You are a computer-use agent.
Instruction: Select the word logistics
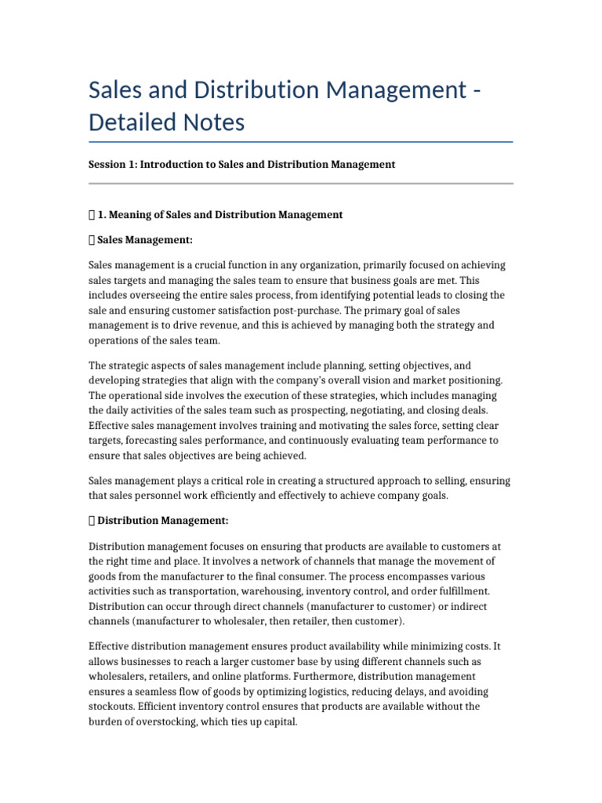coord(325,692)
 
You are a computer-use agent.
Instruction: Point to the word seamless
coord(151,692)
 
